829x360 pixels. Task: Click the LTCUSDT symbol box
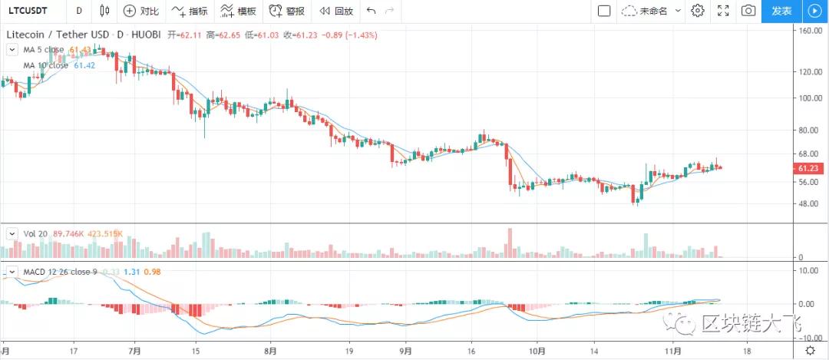tap(29, 11)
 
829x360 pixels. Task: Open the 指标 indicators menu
tap(190, 11)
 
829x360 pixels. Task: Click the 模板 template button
tap(238, 11)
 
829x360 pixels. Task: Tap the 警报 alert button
tap(286, 11)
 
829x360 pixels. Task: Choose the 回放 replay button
tap(336, 11)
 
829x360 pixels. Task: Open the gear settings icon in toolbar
tap(698, 11)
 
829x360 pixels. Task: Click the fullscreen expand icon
tap(722, 11)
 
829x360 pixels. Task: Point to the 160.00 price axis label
tap(811, 31)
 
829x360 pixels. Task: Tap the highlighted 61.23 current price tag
tap(811, 169)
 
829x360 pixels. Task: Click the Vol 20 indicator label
tap(35, 233)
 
